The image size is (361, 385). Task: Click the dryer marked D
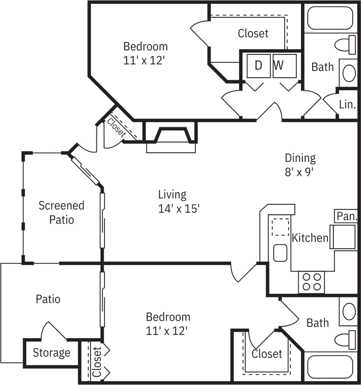[x=259, y=66]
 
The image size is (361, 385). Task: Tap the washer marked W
[x=284, y=66]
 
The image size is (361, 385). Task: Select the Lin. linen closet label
[x=347, y=104]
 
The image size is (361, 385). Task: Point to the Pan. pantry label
[x=347, y=216]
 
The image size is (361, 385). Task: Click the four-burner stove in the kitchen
[x=312, y=282]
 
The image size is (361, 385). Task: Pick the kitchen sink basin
[x=280, y=253]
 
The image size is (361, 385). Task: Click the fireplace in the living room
[x=172, y=136]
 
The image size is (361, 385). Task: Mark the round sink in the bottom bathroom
[x=349, y=311]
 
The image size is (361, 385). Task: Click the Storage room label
[x=51, y=353]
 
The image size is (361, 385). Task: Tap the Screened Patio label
[x=61, y=212]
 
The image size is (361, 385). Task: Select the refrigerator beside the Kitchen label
[x=343, y=237]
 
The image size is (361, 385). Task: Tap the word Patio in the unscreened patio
[x=48, y=299]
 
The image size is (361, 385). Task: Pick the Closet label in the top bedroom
[x=253, y=33]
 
